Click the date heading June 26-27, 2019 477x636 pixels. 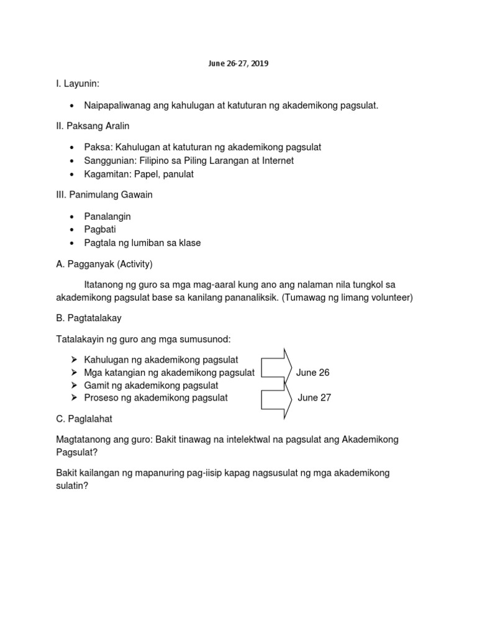238,63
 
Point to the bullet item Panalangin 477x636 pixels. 107,216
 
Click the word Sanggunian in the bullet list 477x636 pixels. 110,161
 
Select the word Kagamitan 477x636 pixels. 107,175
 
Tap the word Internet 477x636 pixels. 272,161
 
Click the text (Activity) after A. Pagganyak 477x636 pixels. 132,263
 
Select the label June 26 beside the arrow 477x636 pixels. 313,373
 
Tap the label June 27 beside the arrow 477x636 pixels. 314,398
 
